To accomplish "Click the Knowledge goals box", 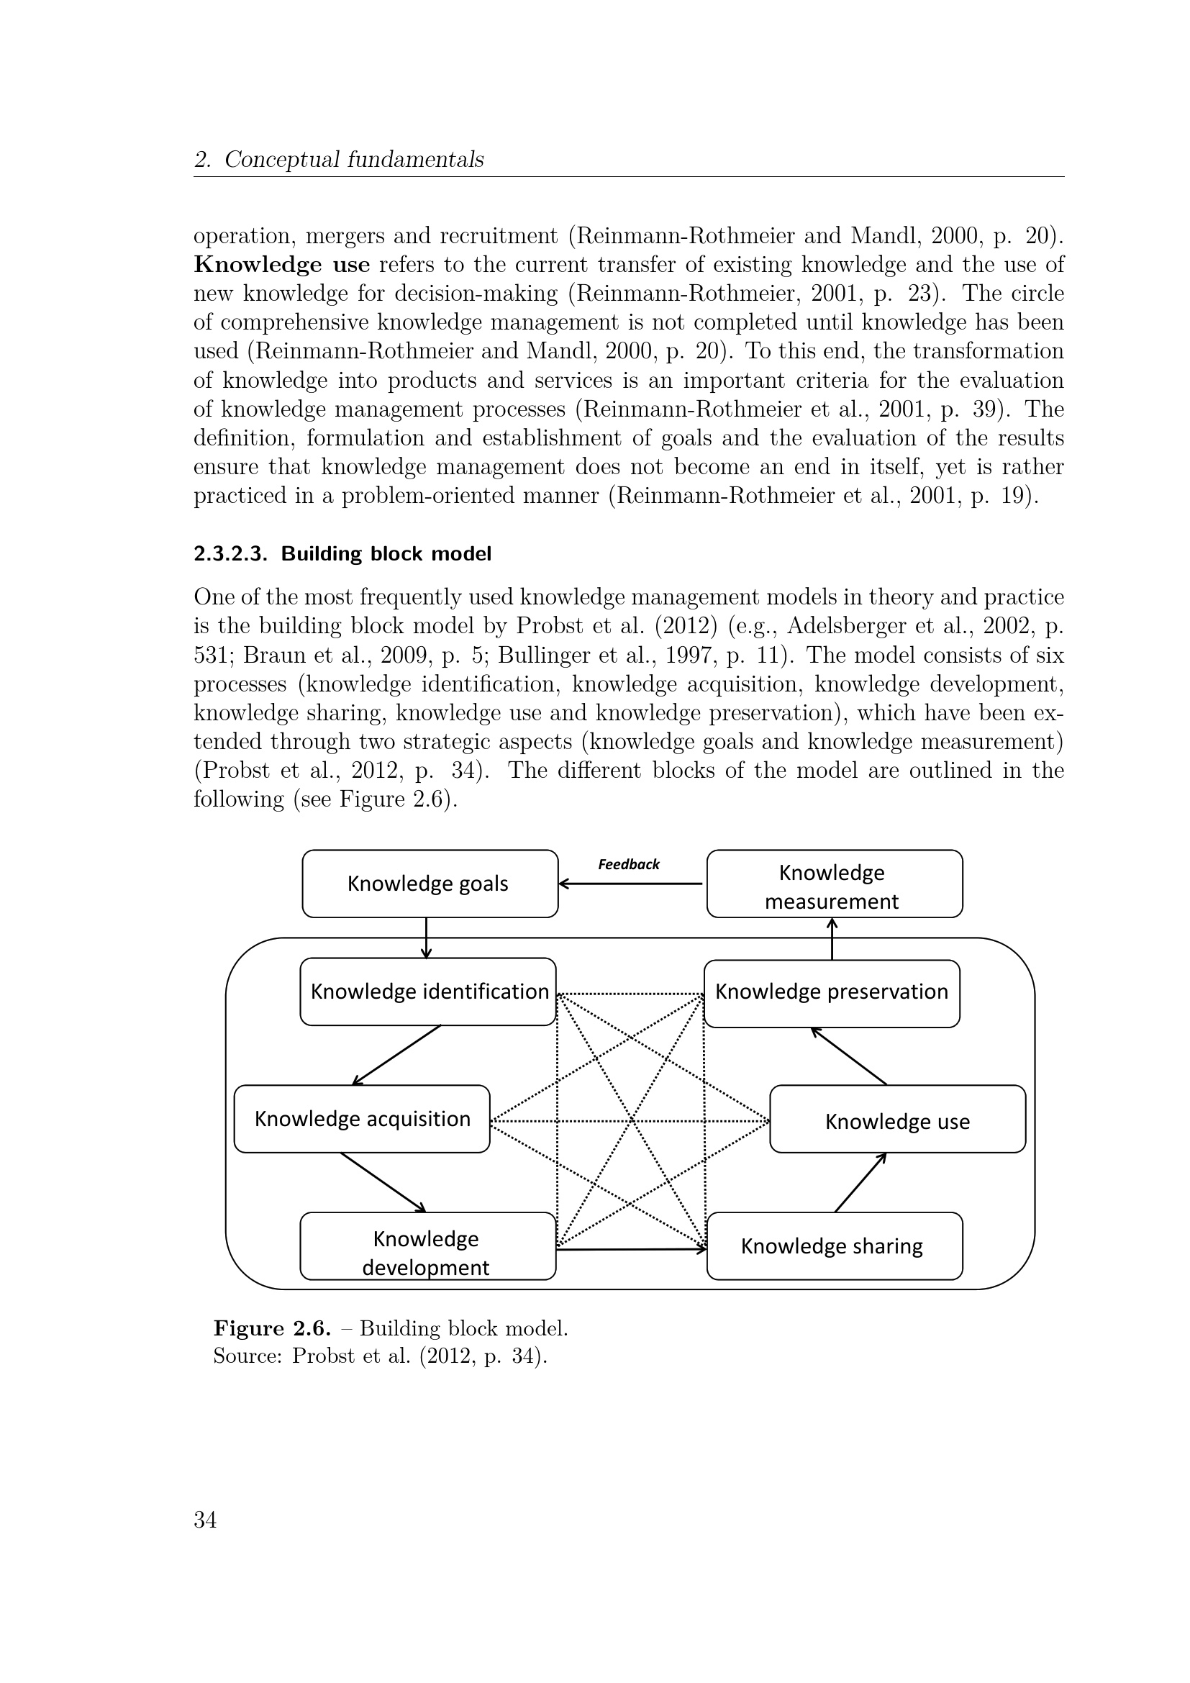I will [x=430, y=884].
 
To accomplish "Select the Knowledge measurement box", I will [x=834, y=884].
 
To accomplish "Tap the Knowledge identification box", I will [x=428, y=991].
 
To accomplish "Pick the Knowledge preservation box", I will [x=832, y=992].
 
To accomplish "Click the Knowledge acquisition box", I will [x=362, y=1119].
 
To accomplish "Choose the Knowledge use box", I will [x=897, y=1122].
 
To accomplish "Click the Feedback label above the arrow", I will [x=629, y=864].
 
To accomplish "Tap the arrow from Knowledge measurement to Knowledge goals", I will [x=631, y=884].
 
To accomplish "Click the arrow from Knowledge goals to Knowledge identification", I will [x=426, y=938].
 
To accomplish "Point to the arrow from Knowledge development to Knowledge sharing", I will [x=631, y=1248].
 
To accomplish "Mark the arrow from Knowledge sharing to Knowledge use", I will [x=861, y=1182].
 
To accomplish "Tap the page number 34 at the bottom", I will [x=205, y=1520].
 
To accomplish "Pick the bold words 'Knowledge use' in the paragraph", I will [x=281, y=264].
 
